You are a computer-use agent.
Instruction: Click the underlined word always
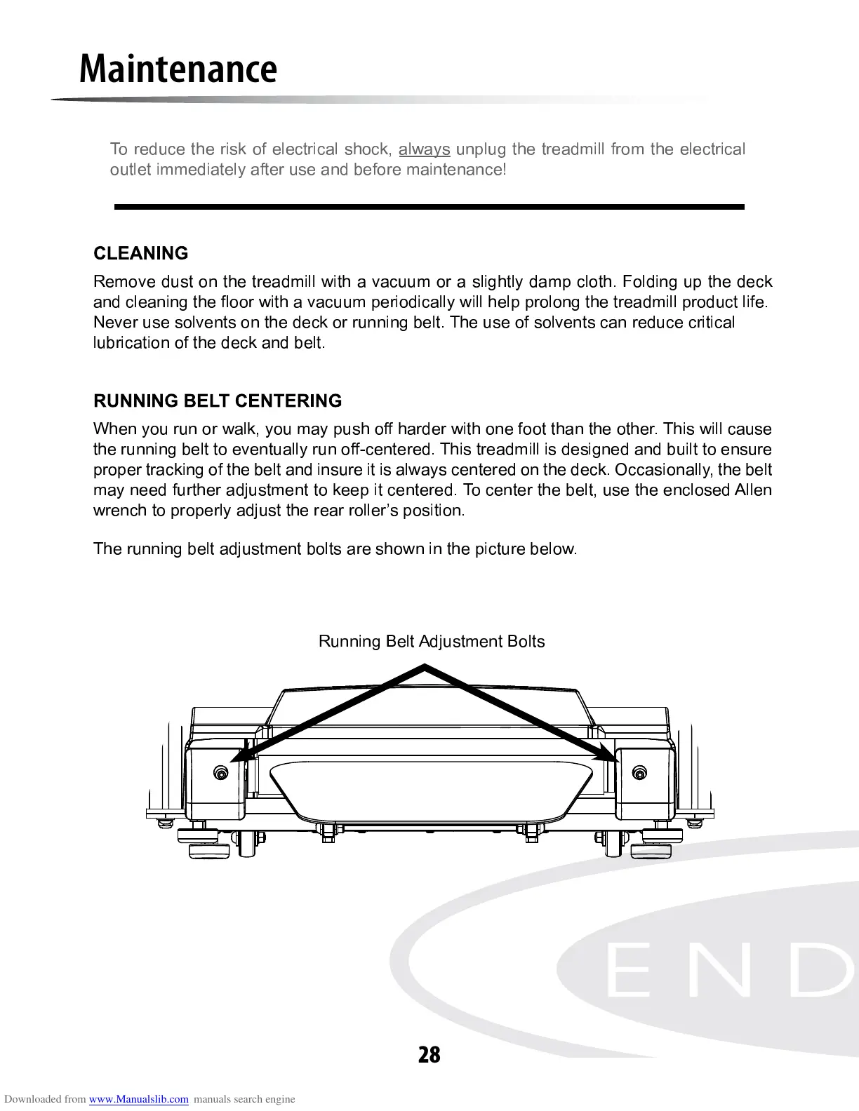[424, 149]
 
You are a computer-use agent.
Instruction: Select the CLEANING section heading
[141, 253]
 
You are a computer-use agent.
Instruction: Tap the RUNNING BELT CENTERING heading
[218, 401]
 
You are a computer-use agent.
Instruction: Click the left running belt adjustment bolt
[221, 773]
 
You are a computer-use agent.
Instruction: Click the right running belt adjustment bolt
[639, 773]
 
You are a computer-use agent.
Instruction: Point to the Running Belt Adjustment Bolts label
[432, 642]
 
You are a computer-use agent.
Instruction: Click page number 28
[429, 1054]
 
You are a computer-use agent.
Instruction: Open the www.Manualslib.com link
[139, 1100]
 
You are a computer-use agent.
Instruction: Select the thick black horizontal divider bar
[429, 207]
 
